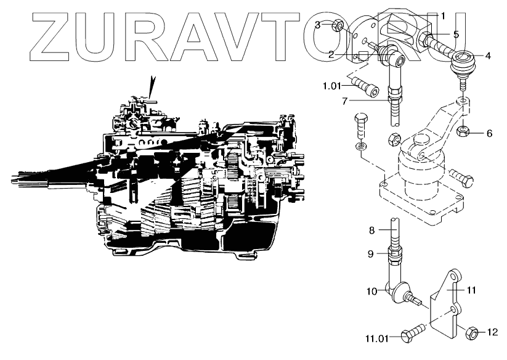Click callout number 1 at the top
pyautogui.click(x=442, y=14)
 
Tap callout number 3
pyautogui.click(x=317, y=25)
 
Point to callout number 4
pyautogui.click(x=488, y=55)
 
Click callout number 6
pyautogui.click(x=489, y=132)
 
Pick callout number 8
pyautogui.click(x=371, y=231)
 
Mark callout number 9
pyautogui.click(x=371, y=253)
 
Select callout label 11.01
pyautogui.click(x=377, y=338)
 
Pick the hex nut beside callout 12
pyautogui.click(x=471, y=332)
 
